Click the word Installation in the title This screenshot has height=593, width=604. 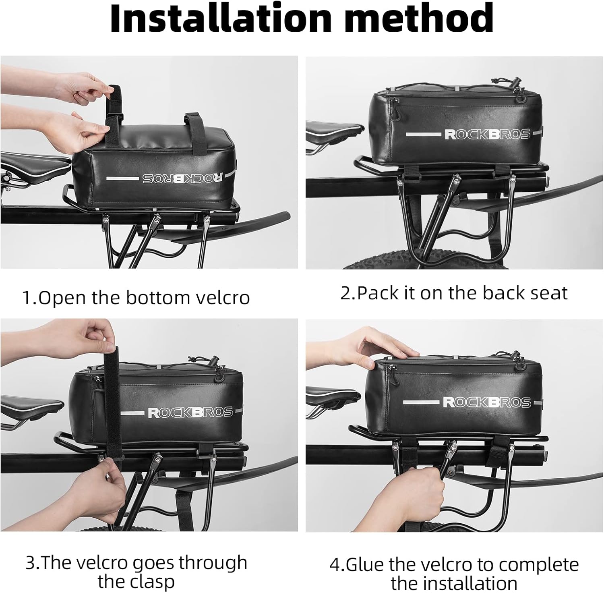tap(220, 19)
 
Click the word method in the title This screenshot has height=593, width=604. tap(419, 19)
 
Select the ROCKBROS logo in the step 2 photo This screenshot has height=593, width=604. tap(487, 134)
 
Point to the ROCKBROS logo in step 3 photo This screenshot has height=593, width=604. tap(190, 412)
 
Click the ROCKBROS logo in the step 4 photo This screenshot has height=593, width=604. tap(486, 402)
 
